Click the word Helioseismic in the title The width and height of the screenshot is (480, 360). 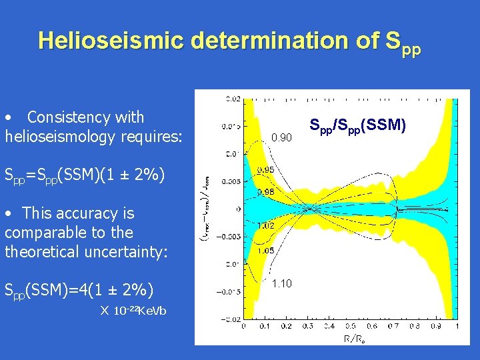[111, 40]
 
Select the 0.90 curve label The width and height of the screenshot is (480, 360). [281, 138]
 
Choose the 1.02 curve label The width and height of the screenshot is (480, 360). [266, 225]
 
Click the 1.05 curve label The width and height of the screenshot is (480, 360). [266, 251]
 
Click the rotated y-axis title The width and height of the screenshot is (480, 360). [211, 210]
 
